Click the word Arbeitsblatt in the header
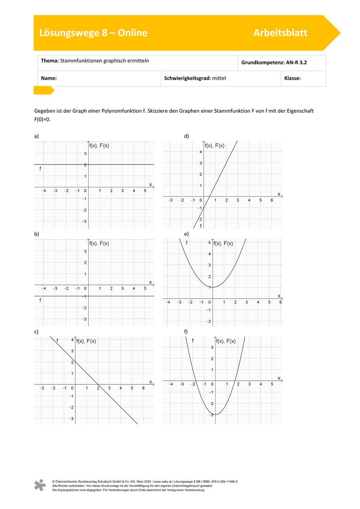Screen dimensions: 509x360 click(280, 33)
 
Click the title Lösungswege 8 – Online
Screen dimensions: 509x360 click(93, 33)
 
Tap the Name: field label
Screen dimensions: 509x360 click(49, 78)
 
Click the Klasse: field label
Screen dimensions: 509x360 click(292, 78)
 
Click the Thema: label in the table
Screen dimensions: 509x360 click(50, 61)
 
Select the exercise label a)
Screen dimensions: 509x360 click(36, 136)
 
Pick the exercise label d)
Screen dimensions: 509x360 click(186, 136)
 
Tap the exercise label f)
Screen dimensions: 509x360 click(186, 332)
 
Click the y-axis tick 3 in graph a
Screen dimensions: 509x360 click(85, 154)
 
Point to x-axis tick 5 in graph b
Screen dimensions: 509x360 click(145, 288)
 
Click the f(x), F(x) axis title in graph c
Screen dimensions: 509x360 click(86, 341)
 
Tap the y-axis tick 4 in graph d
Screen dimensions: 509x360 click(200, 152)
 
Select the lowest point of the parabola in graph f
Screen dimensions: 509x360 click(215, 414)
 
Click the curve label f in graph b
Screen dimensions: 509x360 click(40, 300)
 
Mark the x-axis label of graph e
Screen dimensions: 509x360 click(279, 296)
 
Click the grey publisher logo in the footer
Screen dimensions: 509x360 click(40, 485)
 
